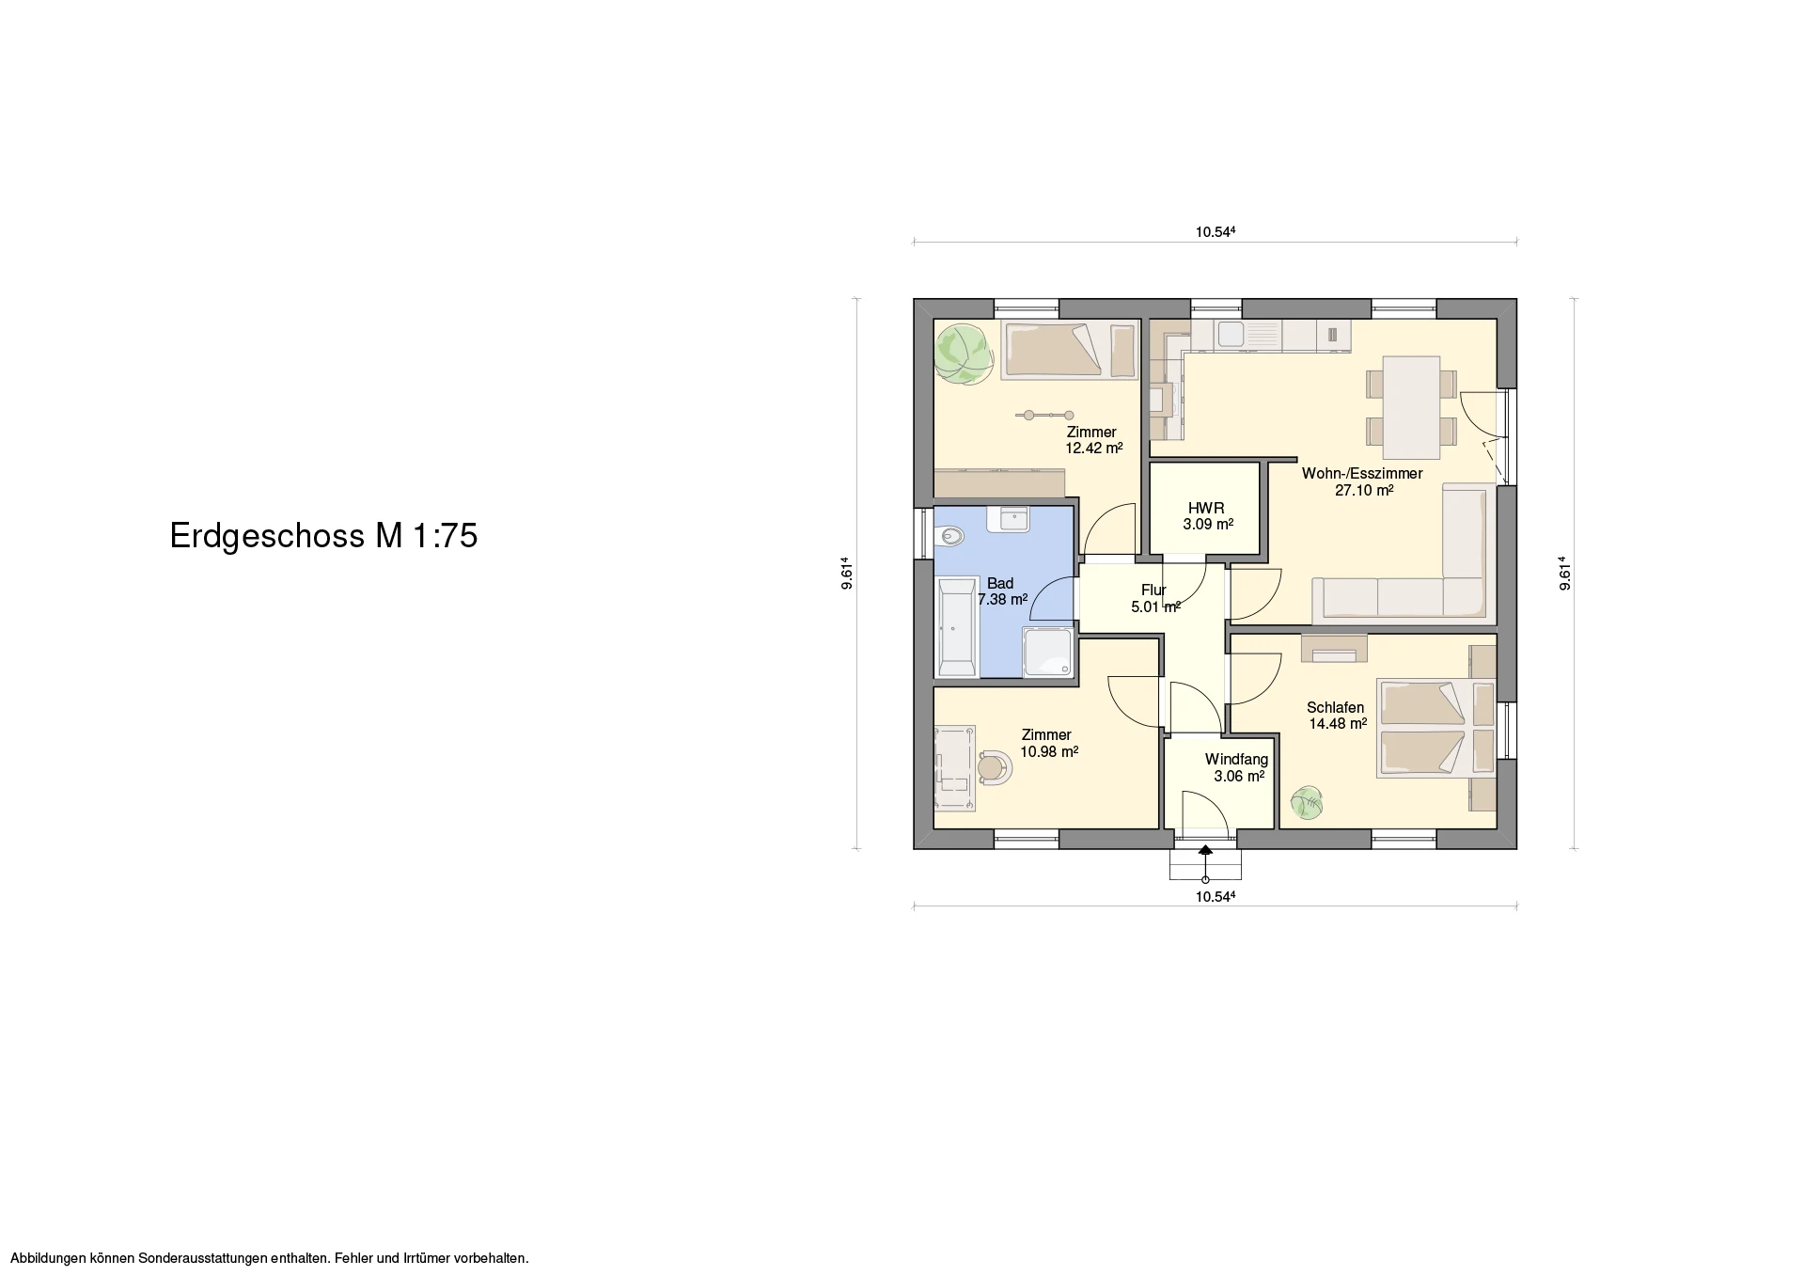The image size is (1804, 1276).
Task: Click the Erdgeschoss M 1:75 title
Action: (x=323, y=536)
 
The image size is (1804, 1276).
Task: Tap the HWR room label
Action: (x=1206, y=509)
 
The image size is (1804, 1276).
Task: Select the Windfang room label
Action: (x=1236, y=760)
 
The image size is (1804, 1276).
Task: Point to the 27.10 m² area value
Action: (x=1364, y=490)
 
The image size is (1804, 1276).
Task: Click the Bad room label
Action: (x=1000, y=584)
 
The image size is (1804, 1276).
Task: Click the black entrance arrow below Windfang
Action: (x=1205, y=849)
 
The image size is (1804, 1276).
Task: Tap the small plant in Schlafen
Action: (x=1307, y=803)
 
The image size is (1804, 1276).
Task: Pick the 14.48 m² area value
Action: (x=1338, y=724)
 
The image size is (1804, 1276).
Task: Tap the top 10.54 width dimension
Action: (x=1215, y=232)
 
